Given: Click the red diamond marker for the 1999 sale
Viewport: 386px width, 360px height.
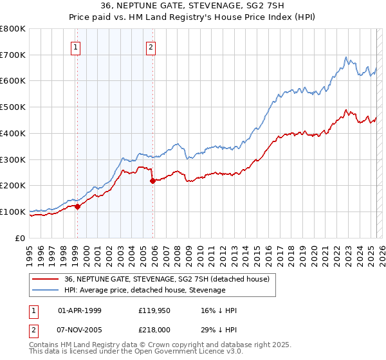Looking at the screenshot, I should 77,206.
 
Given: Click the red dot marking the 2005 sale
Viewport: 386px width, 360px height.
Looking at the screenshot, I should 152,181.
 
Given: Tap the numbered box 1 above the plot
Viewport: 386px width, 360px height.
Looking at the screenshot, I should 76,46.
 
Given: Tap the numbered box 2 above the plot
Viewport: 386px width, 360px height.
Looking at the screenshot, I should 151,46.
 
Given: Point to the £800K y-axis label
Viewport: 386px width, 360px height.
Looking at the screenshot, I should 13,29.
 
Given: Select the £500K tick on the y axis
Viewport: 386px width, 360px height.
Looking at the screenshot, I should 13,107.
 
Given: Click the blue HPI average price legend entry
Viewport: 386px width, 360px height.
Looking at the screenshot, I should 145,290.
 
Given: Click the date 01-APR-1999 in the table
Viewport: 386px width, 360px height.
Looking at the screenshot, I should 80,310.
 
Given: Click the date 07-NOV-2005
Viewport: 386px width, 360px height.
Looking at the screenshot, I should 80,330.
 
